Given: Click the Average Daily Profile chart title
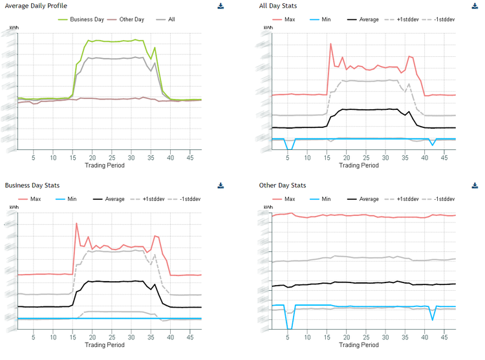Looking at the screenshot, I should [36, 6].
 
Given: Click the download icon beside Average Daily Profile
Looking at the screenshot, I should [221, 6].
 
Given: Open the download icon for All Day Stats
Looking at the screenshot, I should [475, 6].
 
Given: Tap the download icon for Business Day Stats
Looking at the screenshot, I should [221, 185].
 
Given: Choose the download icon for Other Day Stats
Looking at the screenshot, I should [475, 185].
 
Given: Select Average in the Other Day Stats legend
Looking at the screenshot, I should [368, 198].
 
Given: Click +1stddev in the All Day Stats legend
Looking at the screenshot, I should [406, 19].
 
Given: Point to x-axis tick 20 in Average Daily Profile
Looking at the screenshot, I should [93, 157].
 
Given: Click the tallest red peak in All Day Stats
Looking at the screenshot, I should [331, 44].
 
